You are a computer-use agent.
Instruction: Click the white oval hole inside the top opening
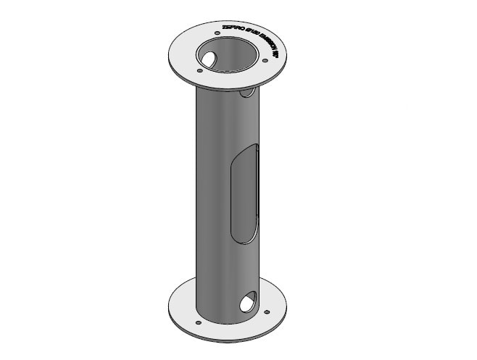[x=210, y=58]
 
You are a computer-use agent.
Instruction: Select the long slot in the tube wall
[x=243, y=192]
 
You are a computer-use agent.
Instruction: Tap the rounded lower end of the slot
[x=241, y=235]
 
